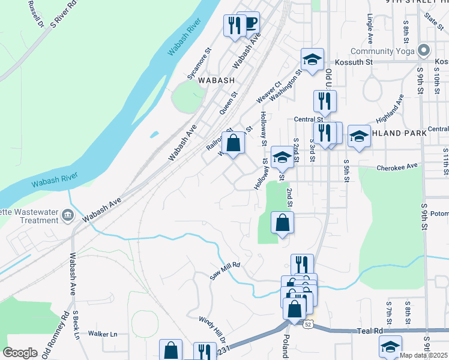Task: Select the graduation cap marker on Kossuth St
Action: pyautogui.click(x=312, y=60)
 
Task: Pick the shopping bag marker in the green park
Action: pyautogui.click(x=282, y=223)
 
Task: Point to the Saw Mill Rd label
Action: pyautogui.click(x=225, y=272)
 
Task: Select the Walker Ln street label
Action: pyautogui.click(x=103, y=334)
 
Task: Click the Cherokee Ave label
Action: pyautogui.click(x=397, y=167)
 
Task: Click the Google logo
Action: pyautogui.click(x=20, y=353)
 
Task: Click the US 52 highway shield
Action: pyautogui.click(x=308, y=324)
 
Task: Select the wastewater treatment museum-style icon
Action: pyautogui.click(x=67, y=214)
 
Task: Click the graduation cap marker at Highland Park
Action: pyautogui.click(x=359, y=137)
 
